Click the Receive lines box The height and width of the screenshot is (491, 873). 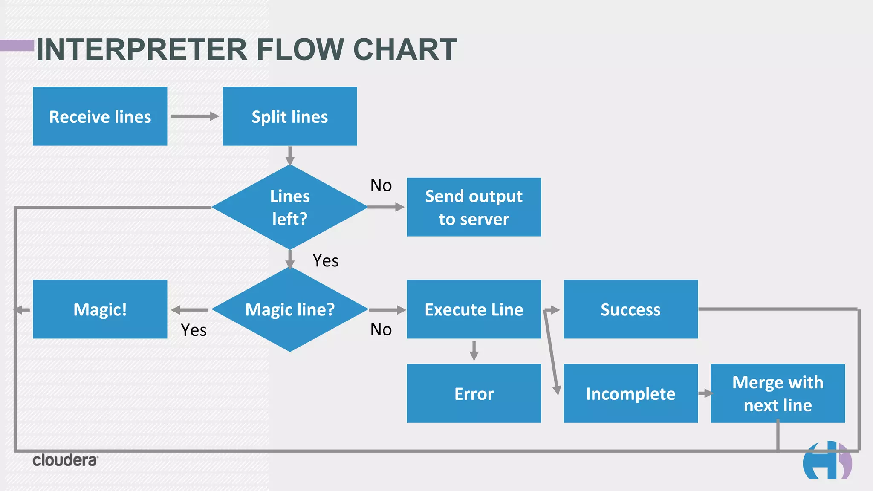[x=100, y=116]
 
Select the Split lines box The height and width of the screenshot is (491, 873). [x=289, y=116]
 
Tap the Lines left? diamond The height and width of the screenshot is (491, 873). [x=289, y=207]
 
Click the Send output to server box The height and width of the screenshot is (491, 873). [x=474, y=207]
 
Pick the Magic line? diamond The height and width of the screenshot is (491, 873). [x=289, y=309]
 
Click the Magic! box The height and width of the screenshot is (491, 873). [x=100, y=309]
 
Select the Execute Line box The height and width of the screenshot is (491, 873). [x=474, y=309]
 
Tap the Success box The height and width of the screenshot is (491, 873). [x=630, y=309]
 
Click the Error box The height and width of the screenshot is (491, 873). [x=474, y=393]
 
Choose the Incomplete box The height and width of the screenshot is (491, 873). [x=630, y=393]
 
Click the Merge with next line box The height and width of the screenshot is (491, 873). [x=778, y=393]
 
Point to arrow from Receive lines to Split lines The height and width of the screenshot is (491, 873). [x=194, y=116]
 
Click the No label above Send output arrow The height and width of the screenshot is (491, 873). [x=381, y=185]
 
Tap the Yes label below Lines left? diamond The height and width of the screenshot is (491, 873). [x=326, y=261]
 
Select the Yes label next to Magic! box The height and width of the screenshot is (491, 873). [x=194, y=330]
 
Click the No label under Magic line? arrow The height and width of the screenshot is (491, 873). [x=381, y=330]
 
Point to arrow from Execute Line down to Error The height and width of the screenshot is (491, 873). [x=474, y=351]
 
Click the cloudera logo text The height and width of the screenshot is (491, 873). [x=65, y=461]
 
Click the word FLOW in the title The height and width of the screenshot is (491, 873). [x=300, y=50]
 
